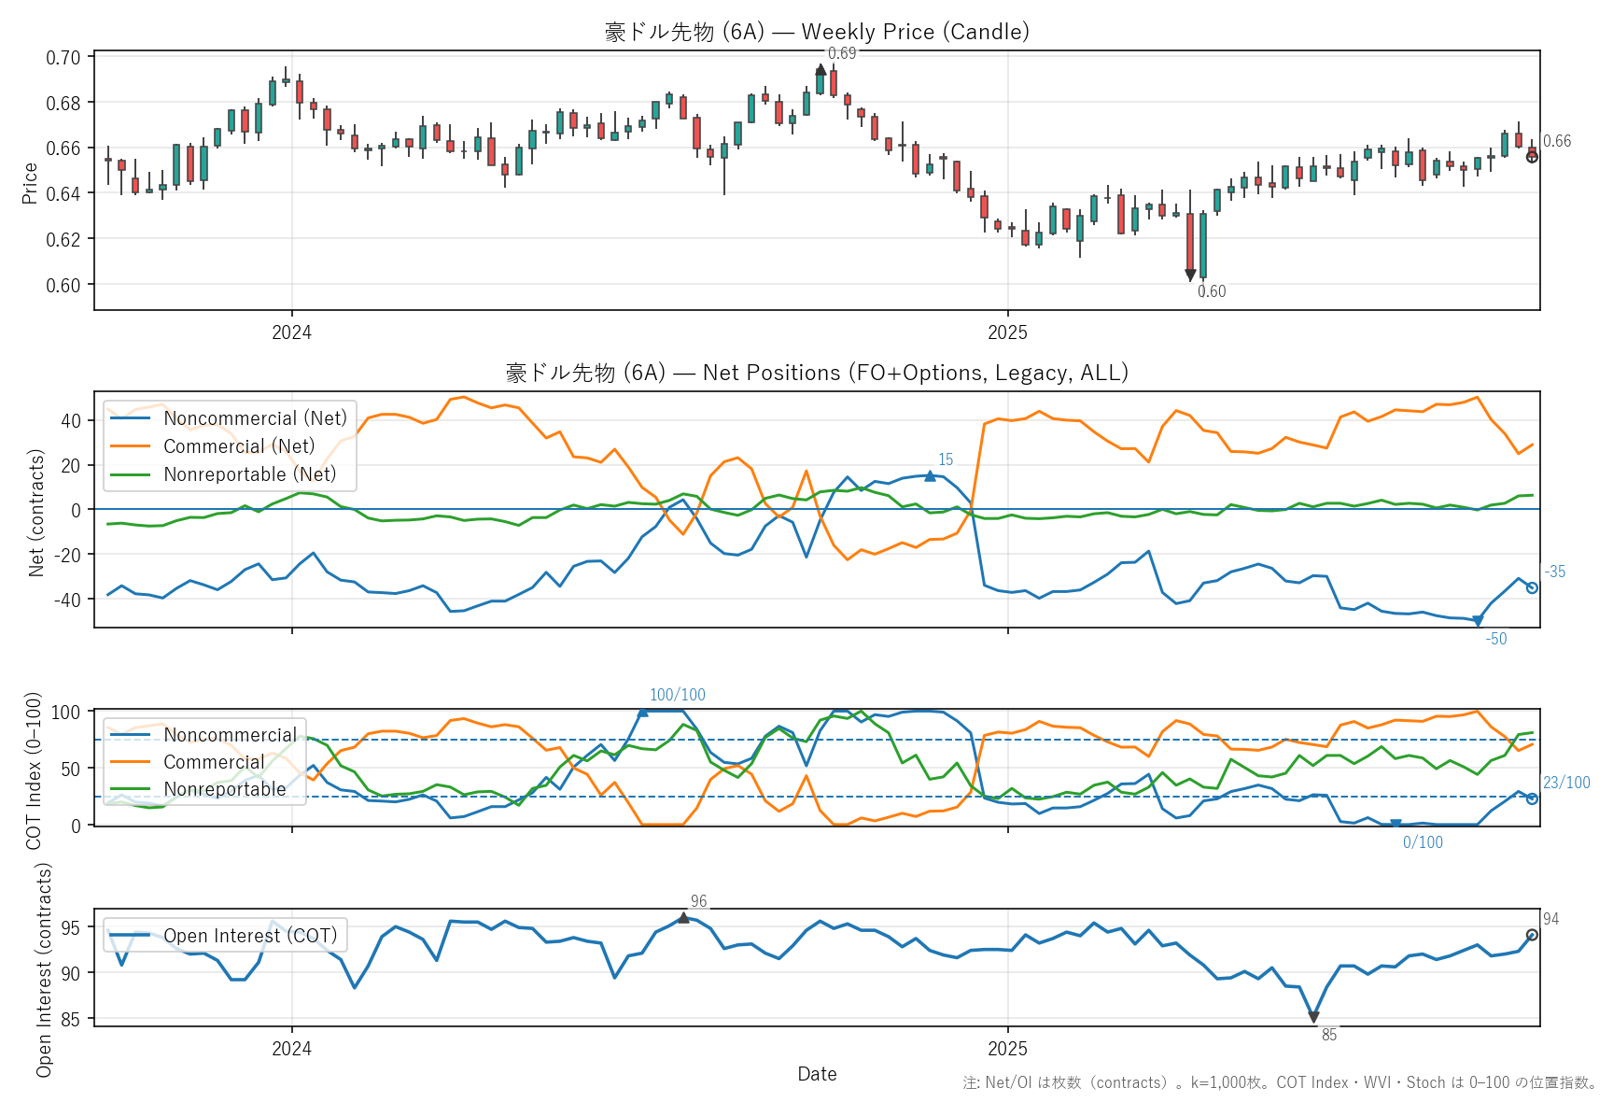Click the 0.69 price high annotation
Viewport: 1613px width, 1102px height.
point(841,53)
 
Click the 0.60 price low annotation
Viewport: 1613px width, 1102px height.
point(1212,291)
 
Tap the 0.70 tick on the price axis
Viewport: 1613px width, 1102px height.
point(63,58)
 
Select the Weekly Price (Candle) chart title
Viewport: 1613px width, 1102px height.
point(817,32)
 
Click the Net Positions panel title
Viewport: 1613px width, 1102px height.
point(817,373)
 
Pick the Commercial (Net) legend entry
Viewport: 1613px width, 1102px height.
point(239,446)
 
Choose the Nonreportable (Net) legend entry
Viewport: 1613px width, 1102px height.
point(249,474)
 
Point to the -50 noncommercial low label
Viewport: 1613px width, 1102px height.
point(1496,639)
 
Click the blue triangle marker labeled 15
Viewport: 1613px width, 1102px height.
point(930,476)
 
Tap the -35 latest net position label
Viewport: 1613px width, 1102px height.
point(1555,572)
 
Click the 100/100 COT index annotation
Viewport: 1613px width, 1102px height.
point(678,695)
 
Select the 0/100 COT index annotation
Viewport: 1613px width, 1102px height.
point(1423,842)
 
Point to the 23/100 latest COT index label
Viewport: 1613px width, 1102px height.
point(1566,783)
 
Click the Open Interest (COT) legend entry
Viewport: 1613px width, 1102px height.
point(249,936)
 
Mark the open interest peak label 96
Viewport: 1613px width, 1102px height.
point(698,901)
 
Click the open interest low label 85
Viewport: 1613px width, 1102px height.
point(1329,1035)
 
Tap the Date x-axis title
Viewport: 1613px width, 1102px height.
point(817,1074)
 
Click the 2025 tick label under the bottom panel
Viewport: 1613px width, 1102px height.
point(1007,1049)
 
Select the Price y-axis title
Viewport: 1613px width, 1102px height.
point(30,183)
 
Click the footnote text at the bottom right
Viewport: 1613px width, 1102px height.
point(1280,1082)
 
